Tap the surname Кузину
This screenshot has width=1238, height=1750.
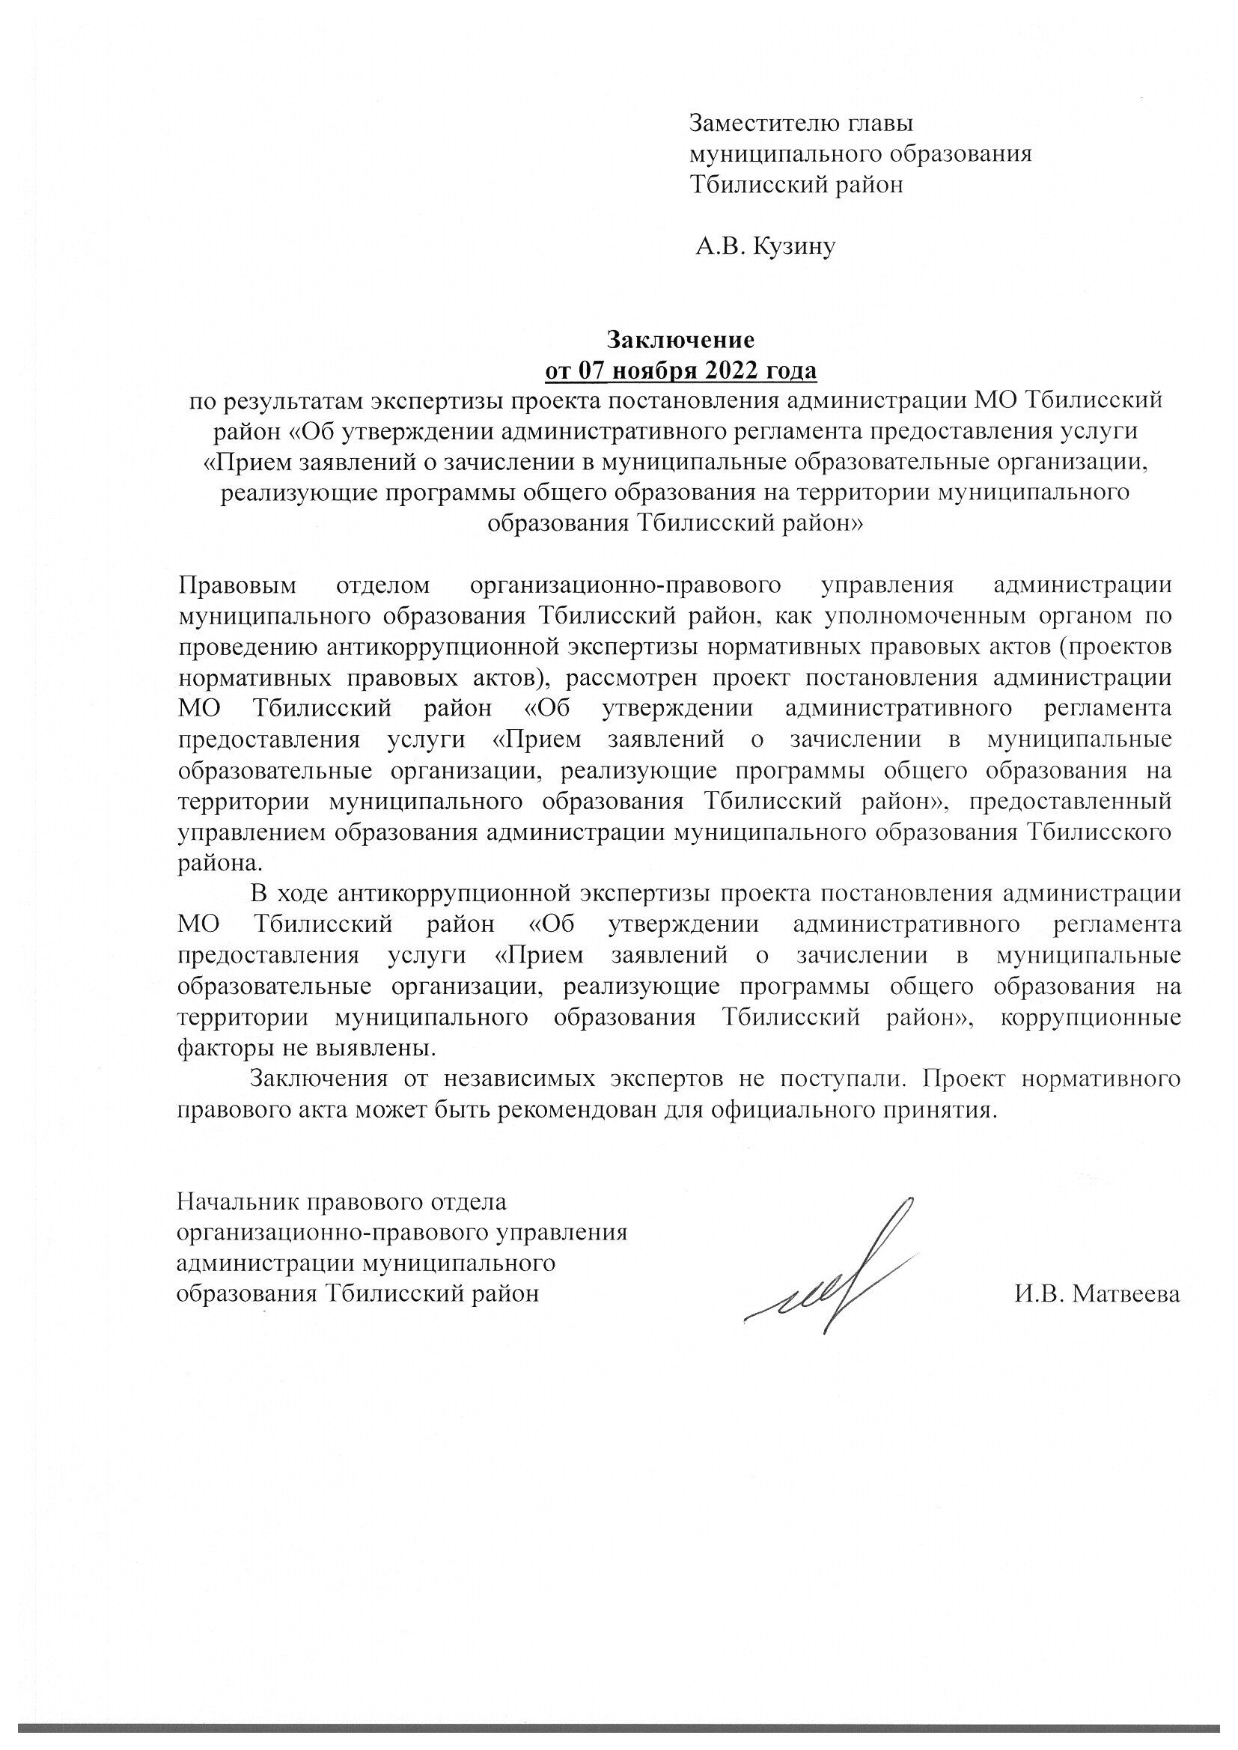coord(794,246)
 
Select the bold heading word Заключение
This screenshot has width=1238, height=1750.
coord(680,338)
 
